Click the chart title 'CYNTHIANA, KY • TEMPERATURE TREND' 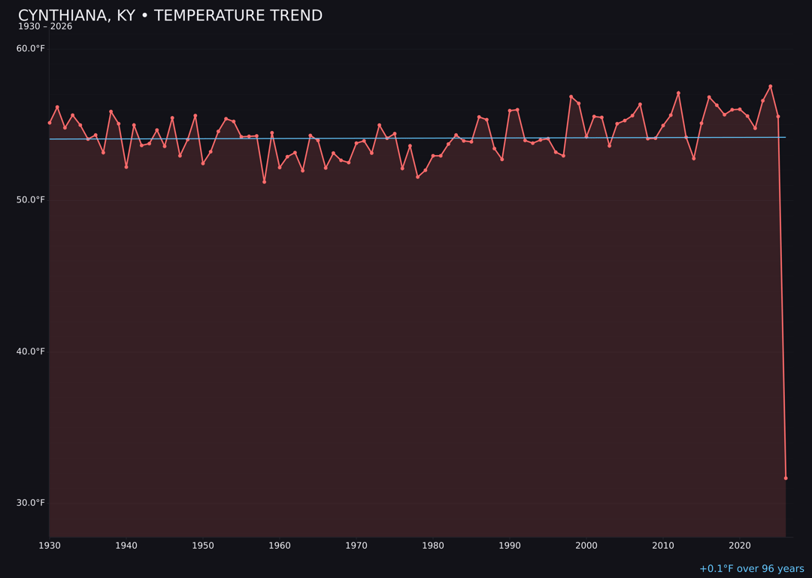pyautogui.click(x=170, y=16)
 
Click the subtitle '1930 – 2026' pyautogui.click(x=45, y=27)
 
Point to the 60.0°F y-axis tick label pyautogui.click(x=31, y=49)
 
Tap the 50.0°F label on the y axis pyautogui.click(x=31, y=200)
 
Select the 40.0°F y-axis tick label pyautogui.click(x=31, y=351)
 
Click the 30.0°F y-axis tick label pyautogui.click(x=31, y=503)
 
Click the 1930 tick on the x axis pyautogui.click(x=50, y=546)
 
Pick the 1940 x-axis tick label pyautogui.click(x=126, y=546)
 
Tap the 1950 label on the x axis pyautogui.click(x=203, y=546)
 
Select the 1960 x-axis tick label pyautogui.click(x=280, y=546)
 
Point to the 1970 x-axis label pyautogui.click(x=356, y=546)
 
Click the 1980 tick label pyautogui.click(x=433, y=546)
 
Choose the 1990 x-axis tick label pyautogui.click(x=510, y=546)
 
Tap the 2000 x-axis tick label pyautogui.click(x=586, y=546)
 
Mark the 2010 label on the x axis pyautogui.click(x=663, y=546)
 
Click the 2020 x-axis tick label pyautogui.click(x=740, y=546)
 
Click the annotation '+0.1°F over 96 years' pyautogui.click(x=751, y=569)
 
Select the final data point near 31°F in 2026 pyautogui.click(x=786, y=478)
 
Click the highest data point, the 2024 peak pyautogui.click(x=771, y=87)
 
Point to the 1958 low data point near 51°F pyautogui.click(x=264, y=181)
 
